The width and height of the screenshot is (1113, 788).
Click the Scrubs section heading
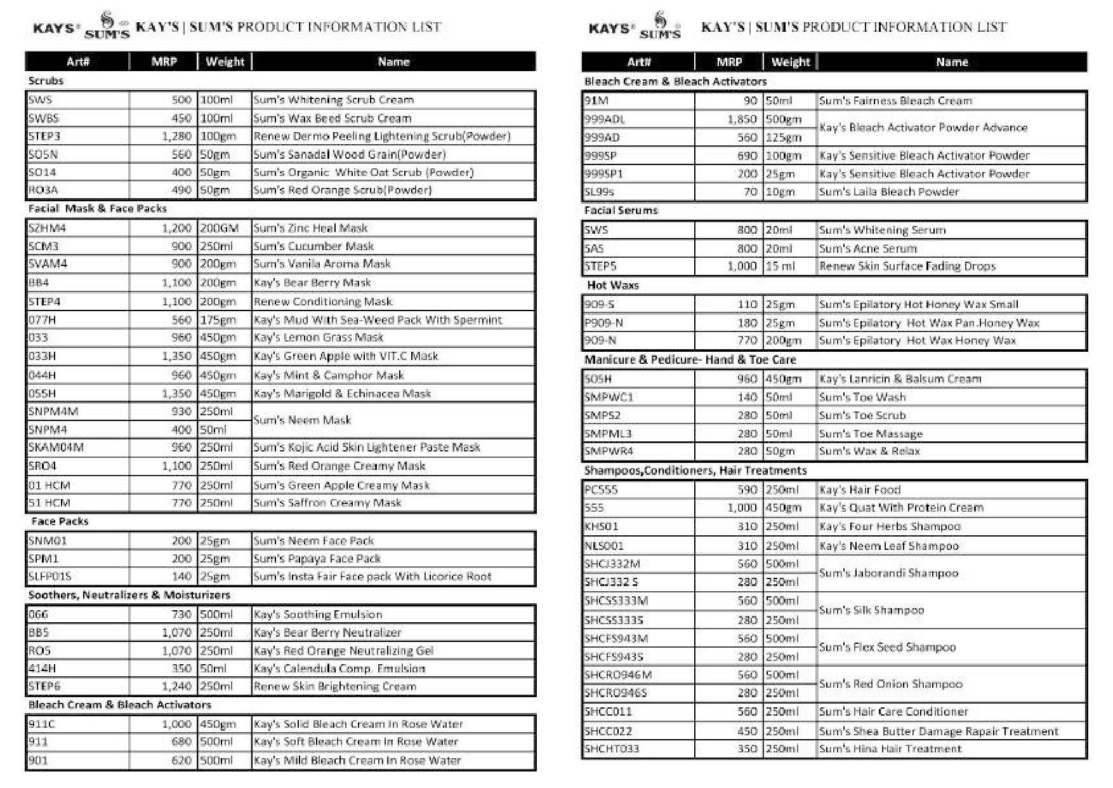pos(46,81)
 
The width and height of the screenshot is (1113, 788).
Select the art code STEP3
pos(44,137)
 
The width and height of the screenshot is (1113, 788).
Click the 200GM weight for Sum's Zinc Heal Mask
pos(219,228)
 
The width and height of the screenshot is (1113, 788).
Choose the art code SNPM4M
pos(53,411)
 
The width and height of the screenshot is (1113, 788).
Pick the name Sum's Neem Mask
pos(302,420)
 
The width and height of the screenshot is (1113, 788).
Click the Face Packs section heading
pos(60,521)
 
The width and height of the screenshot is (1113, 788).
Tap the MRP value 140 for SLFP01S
pos(181,577)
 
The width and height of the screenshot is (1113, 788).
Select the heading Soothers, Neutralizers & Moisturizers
pos(129,595)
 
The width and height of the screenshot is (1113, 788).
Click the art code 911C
pos(42,724)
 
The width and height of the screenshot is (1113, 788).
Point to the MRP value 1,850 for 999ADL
pos(742,119)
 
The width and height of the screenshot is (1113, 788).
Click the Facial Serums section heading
pos(621,210)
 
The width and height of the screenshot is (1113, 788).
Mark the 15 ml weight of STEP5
pos(780,267)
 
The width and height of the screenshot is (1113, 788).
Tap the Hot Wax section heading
pos(612,285)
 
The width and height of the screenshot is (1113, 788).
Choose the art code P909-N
pos(603,323)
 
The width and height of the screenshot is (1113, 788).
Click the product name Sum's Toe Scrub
pos(862,416)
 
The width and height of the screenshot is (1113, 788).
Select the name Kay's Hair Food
pos(860,490)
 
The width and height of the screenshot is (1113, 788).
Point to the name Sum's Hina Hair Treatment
pos(890,749)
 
